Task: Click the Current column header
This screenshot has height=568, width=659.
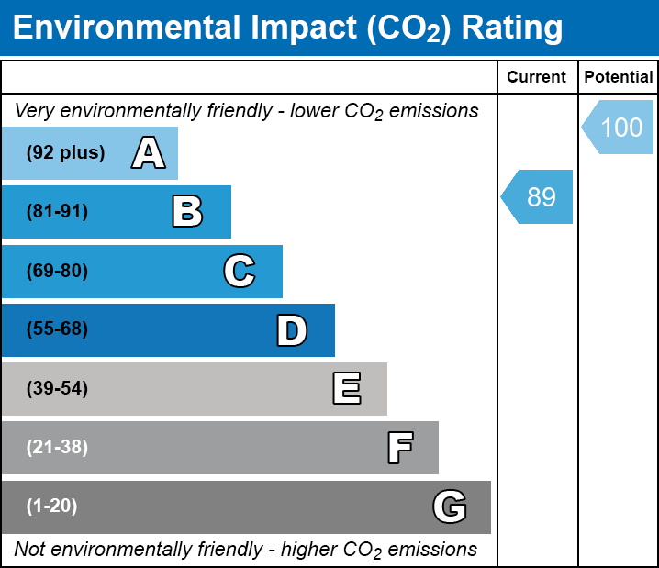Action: click(536, 77)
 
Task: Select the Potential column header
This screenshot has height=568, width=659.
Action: click(619, 77)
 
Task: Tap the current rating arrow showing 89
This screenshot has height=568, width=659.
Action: click(537, 196)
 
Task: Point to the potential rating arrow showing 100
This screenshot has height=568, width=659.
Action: click(618, 127)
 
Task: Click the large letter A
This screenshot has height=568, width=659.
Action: click(149, 152)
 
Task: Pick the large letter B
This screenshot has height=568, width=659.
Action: click(187, 211)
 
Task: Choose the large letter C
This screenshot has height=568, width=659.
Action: click(240, 271)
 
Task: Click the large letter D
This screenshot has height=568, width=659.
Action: click(292, 330)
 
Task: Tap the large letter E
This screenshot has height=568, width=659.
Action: click(347, 388)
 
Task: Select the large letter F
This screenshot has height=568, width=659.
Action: click(400, 448)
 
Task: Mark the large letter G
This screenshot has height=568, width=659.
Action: click(450, 507)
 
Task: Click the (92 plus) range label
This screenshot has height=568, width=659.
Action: click(65, 152)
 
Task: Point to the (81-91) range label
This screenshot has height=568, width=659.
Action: click(57, 211)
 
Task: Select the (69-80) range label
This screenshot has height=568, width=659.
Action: click(57, 271)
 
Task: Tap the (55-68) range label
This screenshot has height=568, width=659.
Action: click(57, 329)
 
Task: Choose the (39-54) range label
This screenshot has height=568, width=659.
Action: click(57, 388)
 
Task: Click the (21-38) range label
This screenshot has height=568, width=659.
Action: click(57, 448)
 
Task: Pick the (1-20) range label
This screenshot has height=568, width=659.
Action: click(51, 507)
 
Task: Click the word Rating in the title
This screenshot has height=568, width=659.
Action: click(512, 28)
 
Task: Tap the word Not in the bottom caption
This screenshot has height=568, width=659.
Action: click(29, 549)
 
